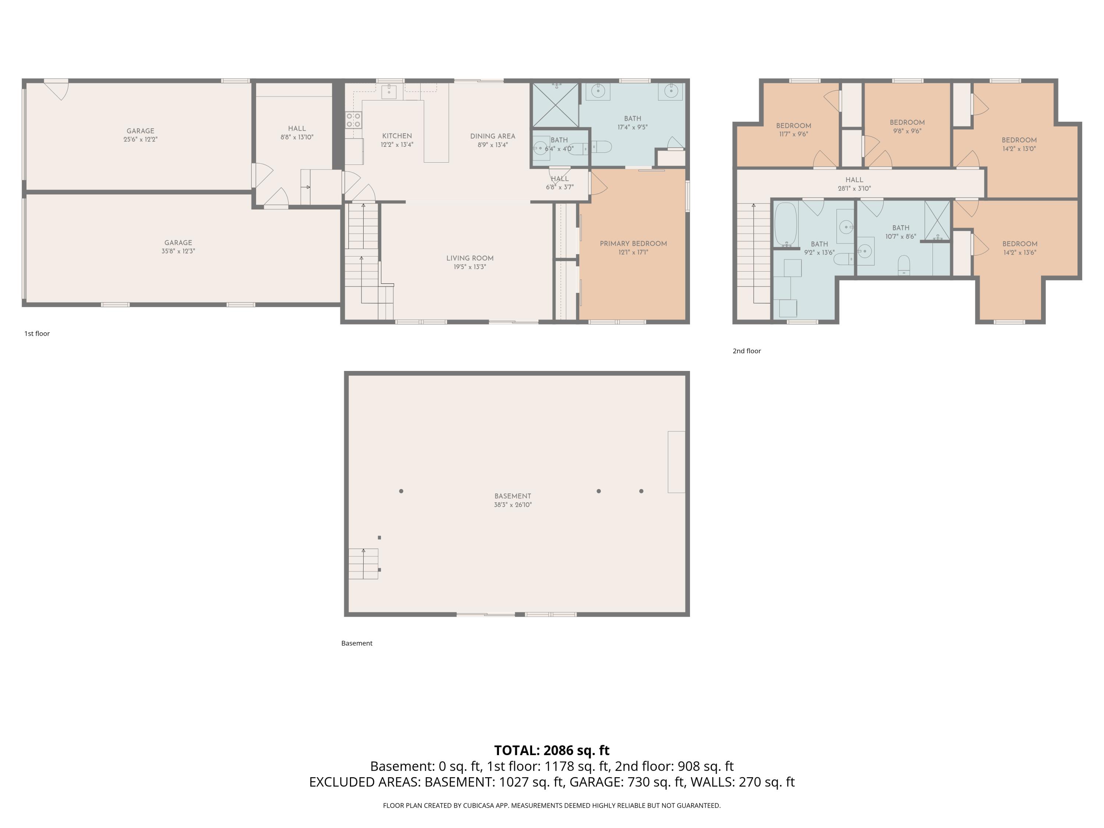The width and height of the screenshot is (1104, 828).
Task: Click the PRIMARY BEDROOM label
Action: [633, 244]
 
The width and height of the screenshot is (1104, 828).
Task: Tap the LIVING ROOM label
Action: [470, 258]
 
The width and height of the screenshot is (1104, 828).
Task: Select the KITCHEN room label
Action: [397, 136]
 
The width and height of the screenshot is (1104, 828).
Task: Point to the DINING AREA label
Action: [493, 136]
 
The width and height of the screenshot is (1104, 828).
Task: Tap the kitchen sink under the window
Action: [389, 92]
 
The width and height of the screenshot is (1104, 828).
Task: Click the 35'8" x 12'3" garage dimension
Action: [178, 251]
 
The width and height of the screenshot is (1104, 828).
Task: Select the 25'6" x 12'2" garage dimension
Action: [140, 139]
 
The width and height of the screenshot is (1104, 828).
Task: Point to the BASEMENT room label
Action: [513, 496]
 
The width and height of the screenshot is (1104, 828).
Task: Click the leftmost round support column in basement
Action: [401, 491]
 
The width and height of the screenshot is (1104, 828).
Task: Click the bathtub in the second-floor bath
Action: [786, 224]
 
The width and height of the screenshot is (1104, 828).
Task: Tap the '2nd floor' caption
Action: [747, 351]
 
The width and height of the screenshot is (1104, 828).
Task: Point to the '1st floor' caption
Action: [37, 333]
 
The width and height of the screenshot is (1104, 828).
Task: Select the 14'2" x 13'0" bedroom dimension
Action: [1019, 149]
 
